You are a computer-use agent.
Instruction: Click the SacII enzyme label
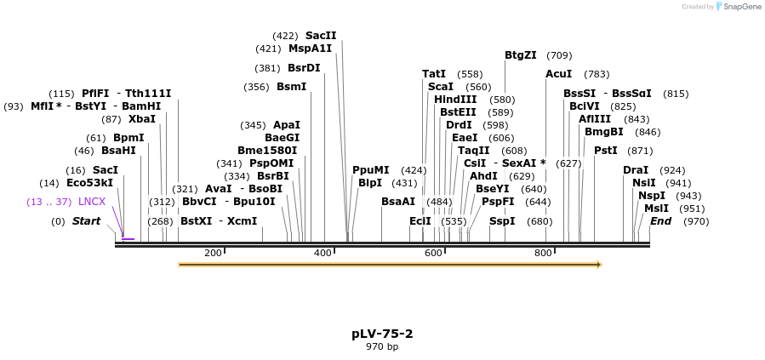pos(321,36)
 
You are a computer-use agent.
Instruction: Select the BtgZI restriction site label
pos(521,55)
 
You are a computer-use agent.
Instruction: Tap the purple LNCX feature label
pos(92,202)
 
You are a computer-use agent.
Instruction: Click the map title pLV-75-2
pos(382,334)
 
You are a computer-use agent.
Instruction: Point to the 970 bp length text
pos(382,346)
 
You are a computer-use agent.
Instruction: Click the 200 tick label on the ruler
pos(213,253)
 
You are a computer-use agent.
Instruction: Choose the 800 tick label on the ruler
pos(543,253)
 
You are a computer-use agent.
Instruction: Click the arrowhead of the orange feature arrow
pos(598,265)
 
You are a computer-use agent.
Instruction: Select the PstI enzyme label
pos(606,151)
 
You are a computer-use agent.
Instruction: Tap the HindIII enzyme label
pos(456,100)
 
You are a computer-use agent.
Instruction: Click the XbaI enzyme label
pos(142,119)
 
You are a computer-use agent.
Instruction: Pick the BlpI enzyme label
pos(370,183)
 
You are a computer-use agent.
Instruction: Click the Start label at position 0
pos(86,221)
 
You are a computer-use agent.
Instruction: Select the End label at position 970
pos(661,221)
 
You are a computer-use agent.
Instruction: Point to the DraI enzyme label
pos(636,170)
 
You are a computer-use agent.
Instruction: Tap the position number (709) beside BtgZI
pos(559,55)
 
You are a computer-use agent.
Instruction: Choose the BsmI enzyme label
pos(291,87)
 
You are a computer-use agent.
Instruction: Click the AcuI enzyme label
pos(559,74)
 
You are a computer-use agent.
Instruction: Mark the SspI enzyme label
pos(502,221)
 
